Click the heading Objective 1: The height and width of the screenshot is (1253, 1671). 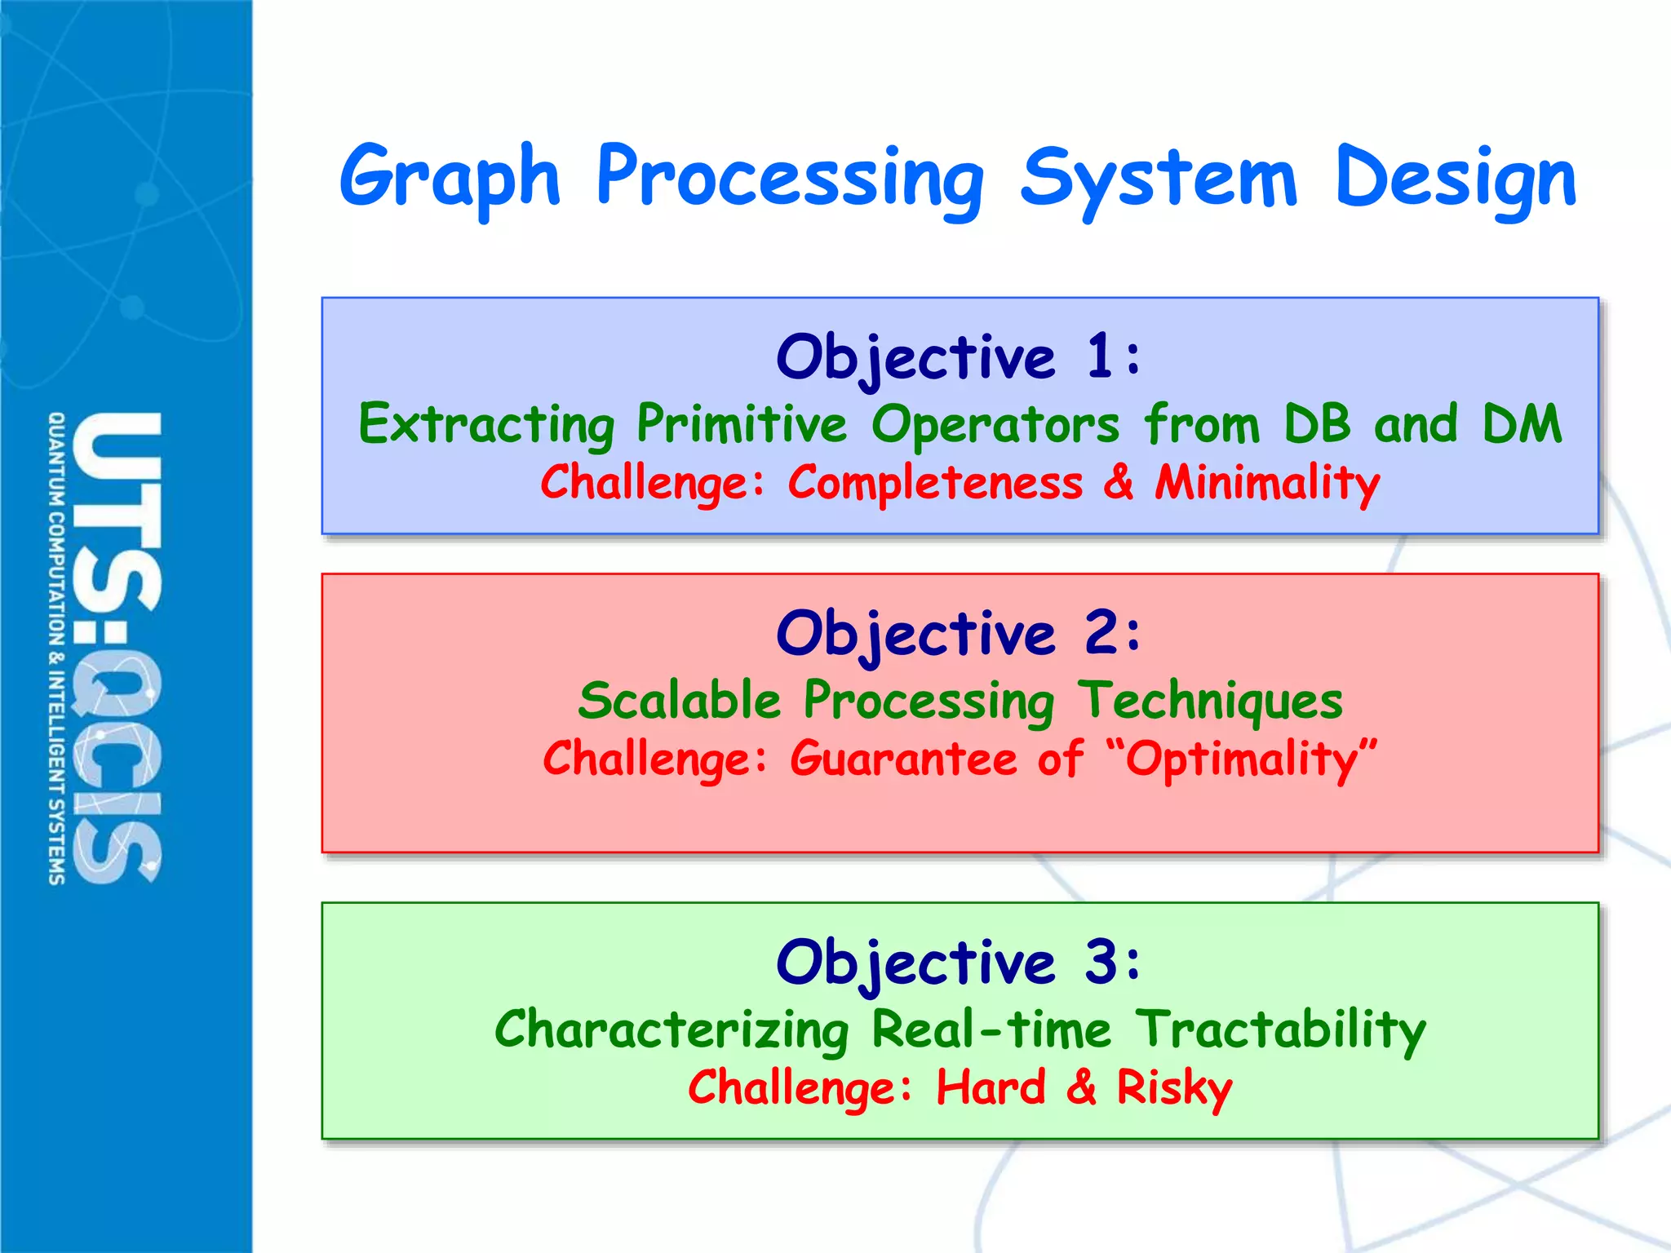click(x=959, y=357)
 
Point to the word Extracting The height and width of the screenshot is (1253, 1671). click(x=486, y=425)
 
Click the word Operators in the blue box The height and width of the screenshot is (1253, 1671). click(x=995, y=425)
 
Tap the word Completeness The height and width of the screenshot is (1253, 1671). click(x=935, y=483)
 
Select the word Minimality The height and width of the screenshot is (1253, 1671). click(x=1267, y=483)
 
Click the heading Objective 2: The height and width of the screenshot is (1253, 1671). click(x=959, y=634)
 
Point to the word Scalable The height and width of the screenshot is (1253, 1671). click(x=680, y=702)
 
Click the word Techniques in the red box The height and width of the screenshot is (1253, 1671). click(x=1209, y=702)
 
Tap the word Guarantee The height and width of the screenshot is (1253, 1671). click(x=903, y=759)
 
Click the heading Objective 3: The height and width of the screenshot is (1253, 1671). click(x=959, y=963)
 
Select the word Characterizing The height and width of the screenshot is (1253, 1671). click(x=672, y=1030)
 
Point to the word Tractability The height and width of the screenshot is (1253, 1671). click(x=1280, y=1030)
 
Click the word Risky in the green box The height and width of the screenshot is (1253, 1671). click(x=1174, y=1088)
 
